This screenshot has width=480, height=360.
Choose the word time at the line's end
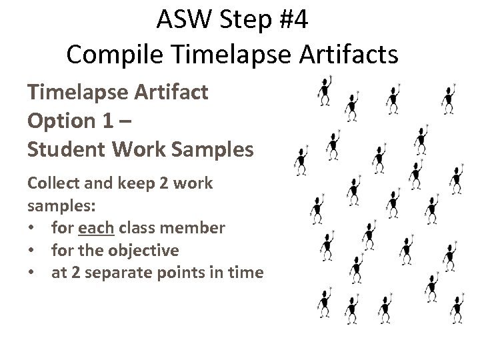coord(248,273)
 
